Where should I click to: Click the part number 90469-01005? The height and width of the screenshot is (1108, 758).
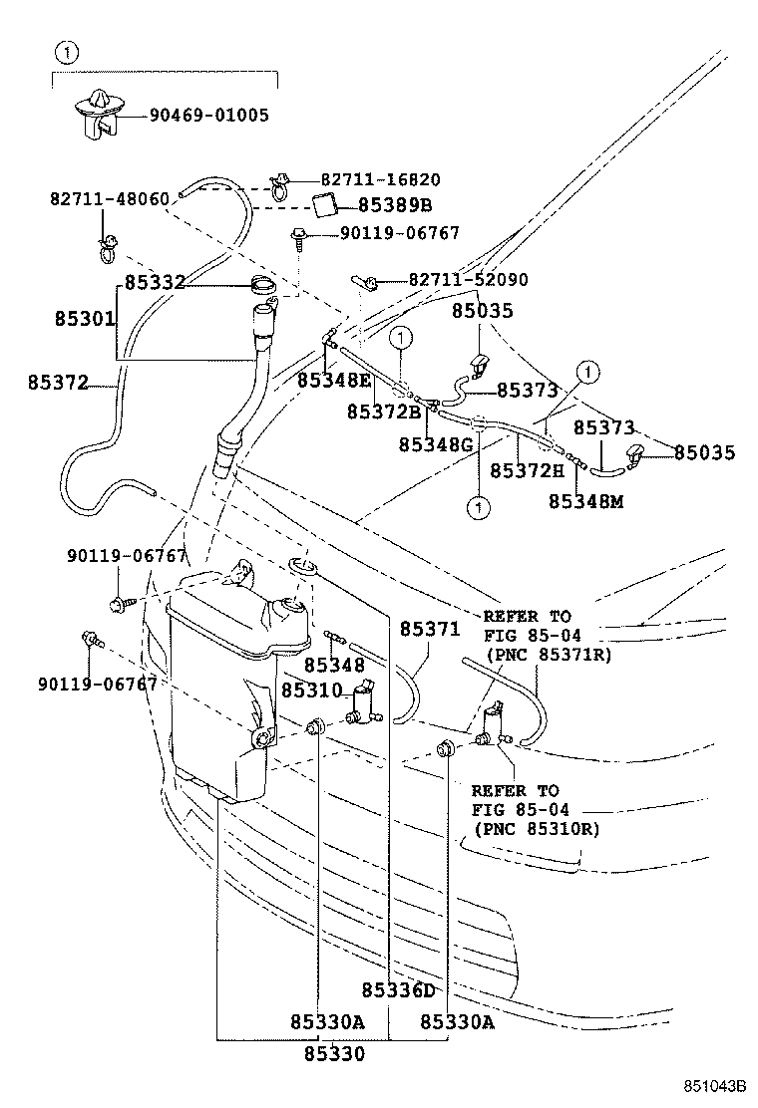pyautogui.click(x=209, y=116)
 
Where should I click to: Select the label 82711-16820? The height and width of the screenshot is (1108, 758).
pyautogui.click(x=366, y=180)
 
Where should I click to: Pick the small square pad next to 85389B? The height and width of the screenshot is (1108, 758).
pyautogui.click(x=323, y=205)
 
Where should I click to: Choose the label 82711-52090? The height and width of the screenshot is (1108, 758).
pyautogui.click(x=468, y=281)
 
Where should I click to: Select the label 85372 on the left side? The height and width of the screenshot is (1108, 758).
pyautogui.click(x=58, y=382)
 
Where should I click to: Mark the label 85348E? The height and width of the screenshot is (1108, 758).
pyautogui.click(x=334, y=380)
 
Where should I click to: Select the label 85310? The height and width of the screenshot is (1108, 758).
pyautogui.click(x=311, y=690)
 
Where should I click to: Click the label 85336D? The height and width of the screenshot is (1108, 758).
pyautogui.click(x=398, y=989)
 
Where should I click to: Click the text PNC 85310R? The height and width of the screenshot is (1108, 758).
pyautogui.click(x=538, y=829)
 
